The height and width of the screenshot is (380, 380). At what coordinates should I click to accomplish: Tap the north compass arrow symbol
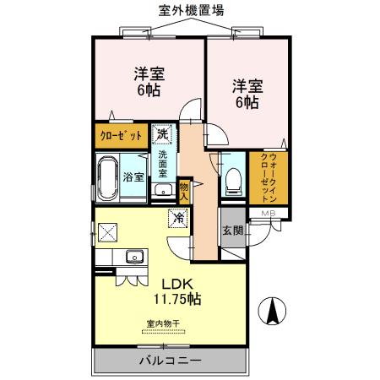click(273, 312)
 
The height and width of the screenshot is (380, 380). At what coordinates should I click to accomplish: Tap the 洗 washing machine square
click(161, 133)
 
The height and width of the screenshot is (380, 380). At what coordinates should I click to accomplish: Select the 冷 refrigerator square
click(178, 217)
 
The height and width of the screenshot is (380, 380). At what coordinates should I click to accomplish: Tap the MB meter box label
click(267, 212)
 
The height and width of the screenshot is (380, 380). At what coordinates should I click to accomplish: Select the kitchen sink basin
click(133, 257)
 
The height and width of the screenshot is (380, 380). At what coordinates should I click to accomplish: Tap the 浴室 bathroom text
click(133, 177)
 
